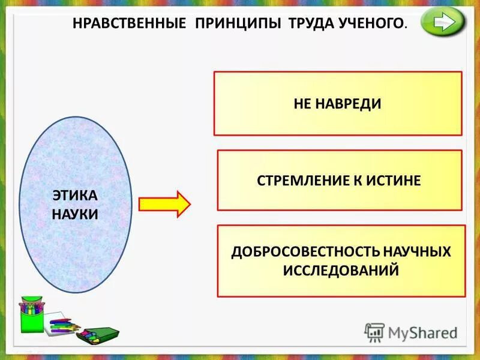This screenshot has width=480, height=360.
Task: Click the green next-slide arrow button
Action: pos(443,23)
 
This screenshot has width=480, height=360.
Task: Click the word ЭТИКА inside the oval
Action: pos(75,196)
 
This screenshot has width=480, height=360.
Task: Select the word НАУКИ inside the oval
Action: pos(75,214)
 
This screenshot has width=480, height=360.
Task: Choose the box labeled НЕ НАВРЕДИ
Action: pos(338,103)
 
